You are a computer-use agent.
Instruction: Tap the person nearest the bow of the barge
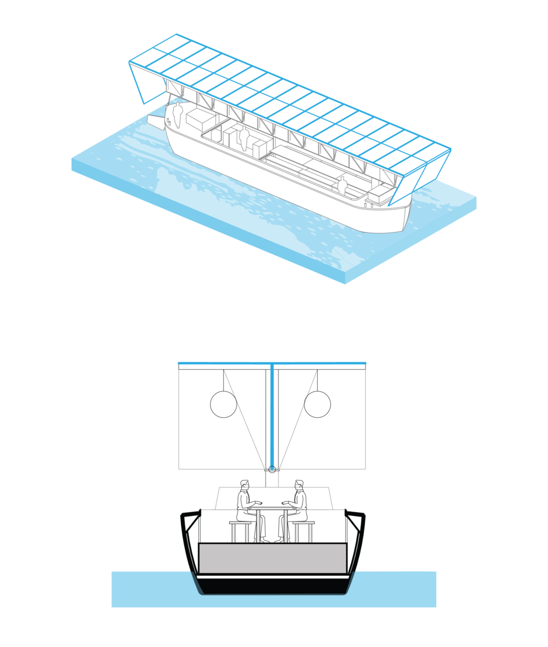(343, 185)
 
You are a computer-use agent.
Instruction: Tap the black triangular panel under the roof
(173, 88)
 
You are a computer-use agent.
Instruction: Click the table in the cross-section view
(272, 518)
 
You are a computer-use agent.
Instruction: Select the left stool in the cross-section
(239, 530)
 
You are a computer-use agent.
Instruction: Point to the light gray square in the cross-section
(317, 404)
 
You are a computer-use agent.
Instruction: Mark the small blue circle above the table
(272, 468)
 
